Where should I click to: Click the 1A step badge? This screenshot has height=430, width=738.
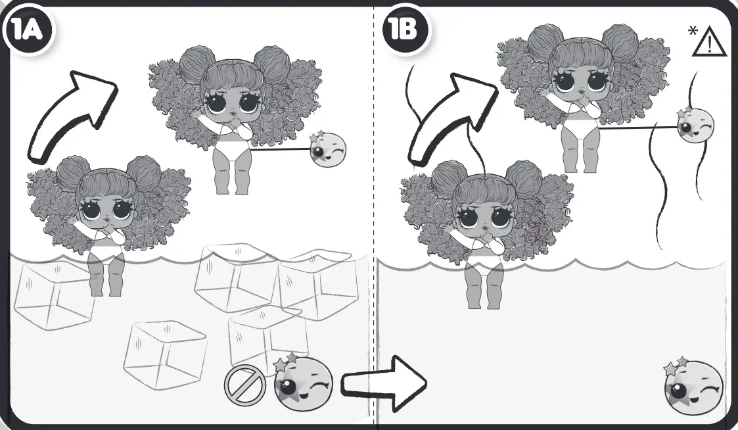(29, 32)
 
